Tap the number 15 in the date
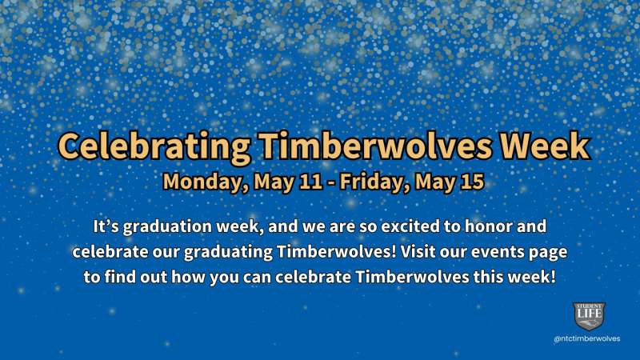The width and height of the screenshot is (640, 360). point(472,182)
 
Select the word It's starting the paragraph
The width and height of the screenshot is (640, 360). point(106,228)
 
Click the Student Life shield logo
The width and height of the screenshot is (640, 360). point(589,316)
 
